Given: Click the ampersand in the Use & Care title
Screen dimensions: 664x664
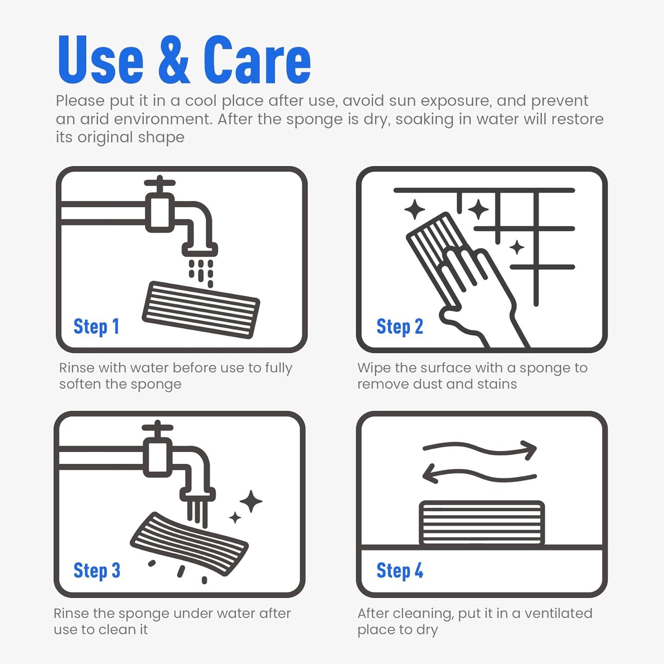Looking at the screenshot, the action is click(x=174, y=59).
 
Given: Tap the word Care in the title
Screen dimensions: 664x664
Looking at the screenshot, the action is click(x=257, y=59).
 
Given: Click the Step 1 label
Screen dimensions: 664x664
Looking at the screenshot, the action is click(x=96, y=327).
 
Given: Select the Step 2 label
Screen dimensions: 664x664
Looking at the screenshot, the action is click(x=400, y=326).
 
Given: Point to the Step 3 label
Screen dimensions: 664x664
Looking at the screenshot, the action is click(x=97, y=570).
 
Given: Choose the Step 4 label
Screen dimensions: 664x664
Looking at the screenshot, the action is click(x=400, y=570).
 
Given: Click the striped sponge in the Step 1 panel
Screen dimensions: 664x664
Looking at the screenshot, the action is click(x=201, y=309).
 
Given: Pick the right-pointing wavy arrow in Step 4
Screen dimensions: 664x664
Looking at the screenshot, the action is click(x=480, y=449).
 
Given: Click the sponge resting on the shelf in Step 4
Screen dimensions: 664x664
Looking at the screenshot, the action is click(x=482, y=523).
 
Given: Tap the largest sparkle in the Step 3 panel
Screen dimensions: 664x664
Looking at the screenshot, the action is click(x=251, y=501).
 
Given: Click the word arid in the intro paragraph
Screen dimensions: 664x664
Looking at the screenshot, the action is click(x=95, y=119).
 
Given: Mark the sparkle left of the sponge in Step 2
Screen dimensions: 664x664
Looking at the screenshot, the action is click(x=415, y=209).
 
